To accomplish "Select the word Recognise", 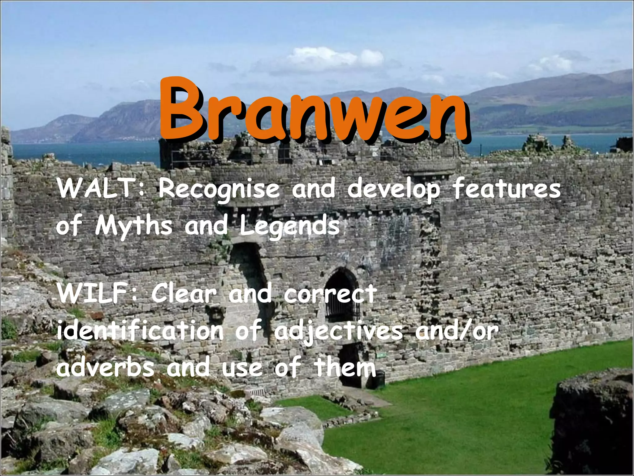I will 219,190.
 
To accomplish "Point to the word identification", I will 140,331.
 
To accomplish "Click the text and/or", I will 457,331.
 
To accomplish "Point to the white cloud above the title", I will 328,59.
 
